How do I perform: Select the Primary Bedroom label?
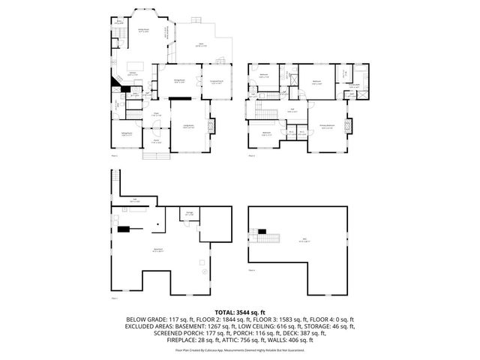pos(328,127)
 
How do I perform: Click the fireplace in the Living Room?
pos(210,125)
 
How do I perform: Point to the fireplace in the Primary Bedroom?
pos(346,125)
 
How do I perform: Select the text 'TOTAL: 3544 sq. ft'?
pos(240,310)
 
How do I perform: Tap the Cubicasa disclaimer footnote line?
pos(240,349)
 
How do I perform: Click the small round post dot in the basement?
pos(157,223)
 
